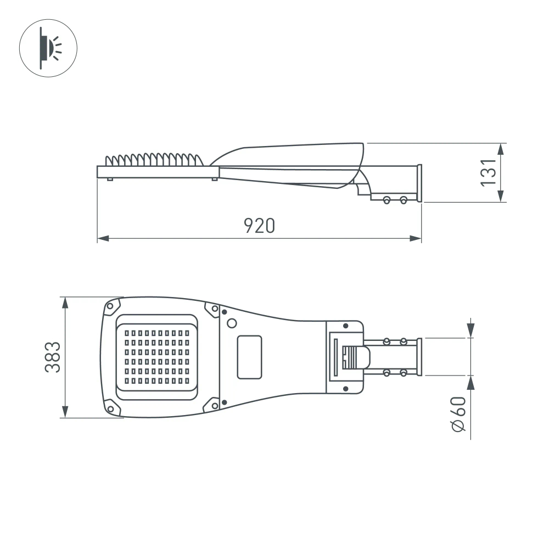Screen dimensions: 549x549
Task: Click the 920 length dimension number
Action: tap(259, 225)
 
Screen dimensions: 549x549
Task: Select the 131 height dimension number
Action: tap(489, 172)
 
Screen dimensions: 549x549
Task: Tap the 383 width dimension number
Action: tap(52, 357)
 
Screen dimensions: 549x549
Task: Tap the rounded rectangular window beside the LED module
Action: tap(249, 357)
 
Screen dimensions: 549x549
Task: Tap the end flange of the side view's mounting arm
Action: tap(419, 183)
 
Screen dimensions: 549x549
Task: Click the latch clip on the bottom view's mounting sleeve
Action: tap(356, 357)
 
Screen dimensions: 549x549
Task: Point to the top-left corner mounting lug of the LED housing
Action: tap(113, 306)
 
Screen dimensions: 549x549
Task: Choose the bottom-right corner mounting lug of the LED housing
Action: tap(212, 405)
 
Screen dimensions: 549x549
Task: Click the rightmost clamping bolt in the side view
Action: tap(404, 200)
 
